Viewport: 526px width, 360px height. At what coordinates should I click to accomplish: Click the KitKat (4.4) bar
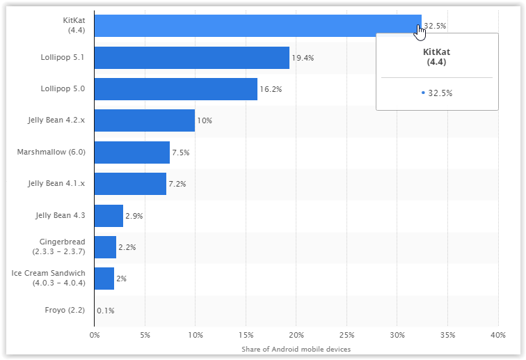pyautogui.click(x=257, y=26)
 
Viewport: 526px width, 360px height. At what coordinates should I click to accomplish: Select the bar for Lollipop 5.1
pyautogui.click(x=191, y=58)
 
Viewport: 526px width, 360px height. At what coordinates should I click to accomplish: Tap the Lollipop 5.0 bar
pyautogui.click(x=175, y=89)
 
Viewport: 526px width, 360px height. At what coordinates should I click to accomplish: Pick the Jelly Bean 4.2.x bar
pyautogui.click(x=144, y=120)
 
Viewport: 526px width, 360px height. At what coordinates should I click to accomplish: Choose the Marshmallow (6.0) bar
pyautogui.click(x=131, y=152)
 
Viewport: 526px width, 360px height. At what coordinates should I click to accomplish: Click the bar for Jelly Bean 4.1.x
pyautogui.click(x=130, y=184)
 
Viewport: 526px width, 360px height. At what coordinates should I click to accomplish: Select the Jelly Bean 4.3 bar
pyautogui.click(x=109, y=216)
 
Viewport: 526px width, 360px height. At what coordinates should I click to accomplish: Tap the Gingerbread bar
pyautogui.click(x=105, y=247)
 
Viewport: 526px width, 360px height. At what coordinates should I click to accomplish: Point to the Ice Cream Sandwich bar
pyautogui.click(x=104, y=279)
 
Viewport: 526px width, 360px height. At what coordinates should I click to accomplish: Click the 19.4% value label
pyautogui.click(x=303, y=58)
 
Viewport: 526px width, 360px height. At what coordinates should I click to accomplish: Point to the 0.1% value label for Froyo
pyautogui.click(x=106, y=311)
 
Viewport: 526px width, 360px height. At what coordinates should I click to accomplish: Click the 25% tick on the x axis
pyautogui.click(x=347, y=334)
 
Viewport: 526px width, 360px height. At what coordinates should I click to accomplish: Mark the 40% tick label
pyautogui.click(x=498, y=334)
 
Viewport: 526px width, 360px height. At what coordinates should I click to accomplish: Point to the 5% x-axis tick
pyautogui.click(x=145, y=334)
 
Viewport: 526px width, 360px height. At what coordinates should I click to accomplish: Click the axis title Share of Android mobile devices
pyautogui.click(x=296, y=348)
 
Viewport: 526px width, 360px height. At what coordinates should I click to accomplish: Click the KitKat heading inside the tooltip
pyautogui.click(x=437, y=56)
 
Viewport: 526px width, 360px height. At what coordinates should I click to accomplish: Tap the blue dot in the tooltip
pyautogui.click(x=423, y=93)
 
